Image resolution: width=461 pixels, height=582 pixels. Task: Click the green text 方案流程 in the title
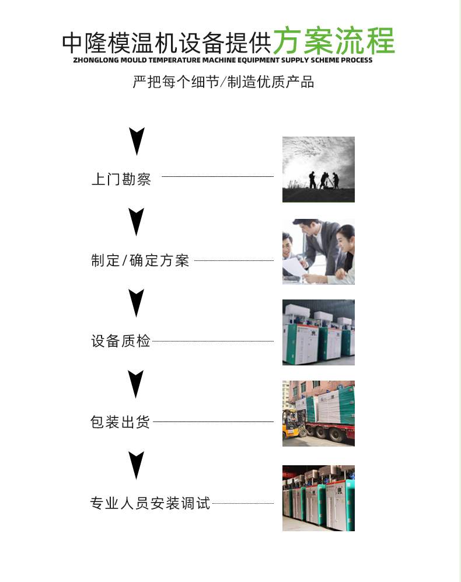pyautogui.click(x=334, y=41)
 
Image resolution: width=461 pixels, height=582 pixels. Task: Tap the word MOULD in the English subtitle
pyautogui.click(x=134, y=60)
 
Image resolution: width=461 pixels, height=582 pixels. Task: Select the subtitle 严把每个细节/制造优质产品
pyautogui.click(x=223, y=82)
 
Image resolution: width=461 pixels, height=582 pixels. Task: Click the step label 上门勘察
pyautogui.click(x=121, y=179)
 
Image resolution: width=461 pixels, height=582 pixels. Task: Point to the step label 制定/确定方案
pyautogui.click(x=140, y=260)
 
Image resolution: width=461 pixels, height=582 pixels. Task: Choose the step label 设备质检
pyautogui.click(x=121, y=341)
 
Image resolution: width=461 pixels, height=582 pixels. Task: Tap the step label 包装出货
pyautogui.click(x=120, y=422)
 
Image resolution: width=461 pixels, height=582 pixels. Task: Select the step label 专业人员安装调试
pyautogui.click(x=151, y=503)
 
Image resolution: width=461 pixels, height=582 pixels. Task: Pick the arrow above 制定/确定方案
pyautogui.click(x=136, y=222)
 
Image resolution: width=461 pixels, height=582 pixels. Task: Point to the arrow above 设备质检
pyautogui.click(x=136, y=303)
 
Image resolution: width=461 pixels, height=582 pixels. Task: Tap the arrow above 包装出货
pyautogui.click(x=136, y=384)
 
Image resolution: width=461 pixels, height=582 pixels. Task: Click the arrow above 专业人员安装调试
pyautogui.click(x=136, y=465)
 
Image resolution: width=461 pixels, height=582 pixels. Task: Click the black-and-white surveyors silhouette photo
pyautogui.click(x=319, y=170)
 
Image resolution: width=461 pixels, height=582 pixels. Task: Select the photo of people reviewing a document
pyautogui.click(x=319, y=252)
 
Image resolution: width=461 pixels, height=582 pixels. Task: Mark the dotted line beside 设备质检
pyautogui.click(x=212, y=341)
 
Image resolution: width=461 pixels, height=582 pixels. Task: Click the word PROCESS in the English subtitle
pyautogui.click(x=357, y=60)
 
